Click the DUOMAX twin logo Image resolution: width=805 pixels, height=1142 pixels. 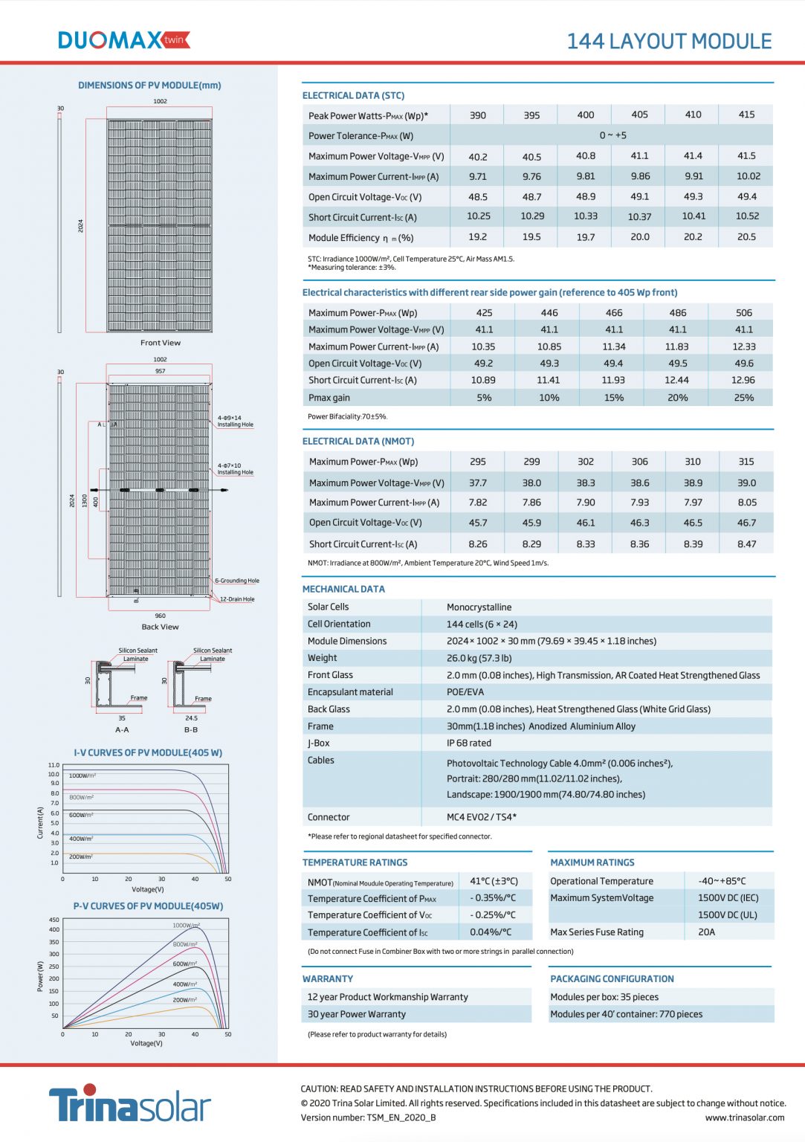123,40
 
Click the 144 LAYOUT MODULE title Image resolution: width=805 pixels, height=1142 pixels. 669,42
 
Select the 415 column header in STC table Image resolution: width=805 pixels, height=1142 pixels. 746,114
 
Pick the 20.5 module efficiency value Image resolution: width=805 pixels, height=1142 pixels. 746,237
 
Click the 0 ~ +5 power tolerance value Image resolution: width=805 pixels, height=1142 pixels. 612,135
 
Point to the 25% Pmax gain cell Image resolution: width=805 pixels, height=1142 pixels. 743,398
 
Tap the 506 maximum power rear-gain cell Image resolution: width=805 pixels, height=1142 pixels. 743,313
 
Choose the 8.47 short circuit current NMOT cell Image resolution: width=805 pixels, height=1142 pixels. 746,544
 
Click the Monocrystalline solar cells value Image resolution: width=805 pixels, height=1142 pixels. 479,607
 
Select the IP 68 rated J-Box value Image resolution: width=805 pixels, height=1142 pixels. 468,743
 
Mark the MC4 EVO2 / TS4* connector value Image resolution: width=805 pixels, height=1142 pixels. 481,817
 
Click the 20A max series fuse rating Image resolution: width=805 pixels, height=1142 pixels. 706,932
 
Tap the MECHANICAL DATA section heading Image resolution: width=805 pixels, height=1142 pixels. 343,589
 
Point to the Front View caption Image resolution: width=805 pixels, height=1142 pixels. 160,343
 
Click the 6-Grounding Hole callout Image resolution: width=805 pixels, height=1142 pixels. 237,581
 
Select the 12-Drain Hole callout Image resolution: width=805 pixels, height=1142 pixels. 237,599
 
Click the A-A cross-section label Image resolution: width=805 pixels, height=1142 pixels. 122,729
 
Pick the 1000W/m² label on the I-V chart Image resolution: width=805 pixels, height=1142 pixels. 82,775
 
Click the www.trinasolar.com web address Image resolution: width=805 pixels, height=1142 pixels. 744,1117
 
